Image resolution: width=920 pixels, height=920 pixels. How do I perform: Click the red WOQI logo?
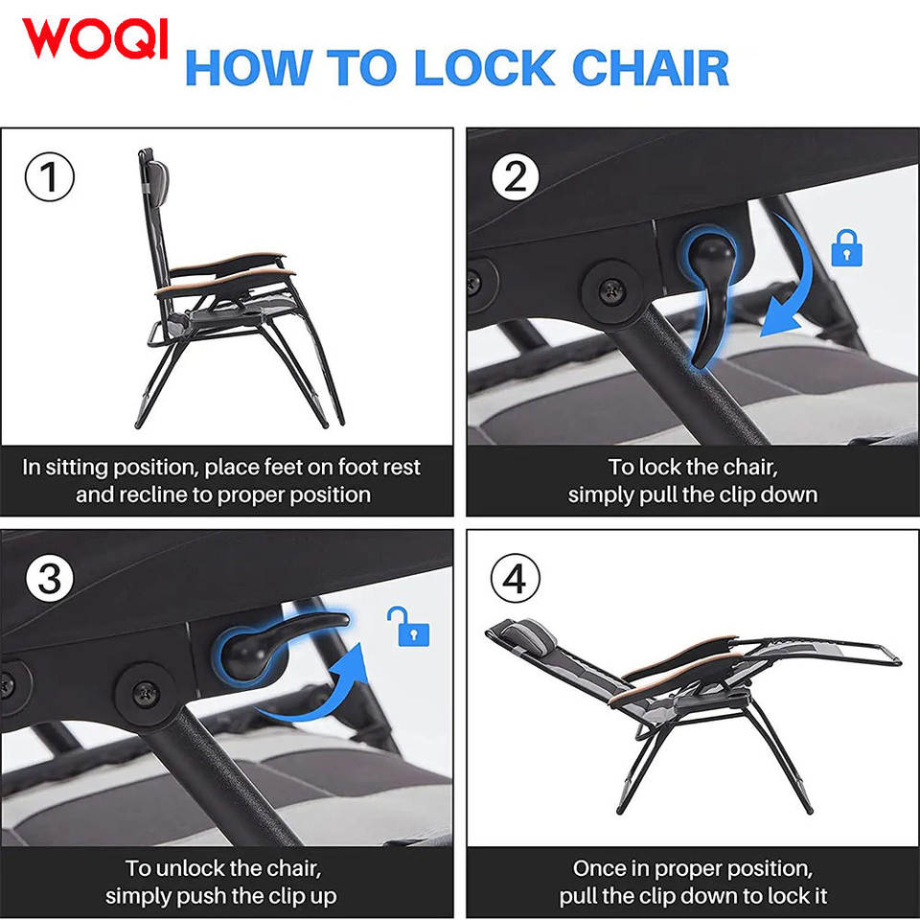point(96,38)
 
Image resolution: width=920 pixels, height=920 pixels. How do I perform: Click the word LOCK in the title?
point(484,67)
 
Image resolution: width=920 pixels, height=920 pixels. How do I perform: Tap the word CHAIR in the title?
point(650,67)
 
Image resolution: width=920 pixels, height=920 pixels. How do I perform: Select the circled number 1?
point(49,176)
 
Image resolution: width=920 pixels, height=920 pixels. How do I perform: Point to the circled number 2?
point(516,176)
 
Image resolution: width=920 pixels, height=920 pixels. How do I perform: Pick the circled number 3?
point(49,578)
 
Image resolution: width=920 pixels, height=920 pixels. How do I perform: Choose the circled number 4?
point(515,578)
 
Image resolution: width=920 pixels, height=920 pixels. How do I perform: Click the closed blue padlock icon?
point(846,248)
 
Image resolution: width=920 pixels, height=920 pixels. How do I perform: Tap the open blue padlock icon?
point(409,626)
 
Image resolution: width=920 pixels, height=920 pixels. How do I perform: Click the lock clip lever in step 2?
point(711,293)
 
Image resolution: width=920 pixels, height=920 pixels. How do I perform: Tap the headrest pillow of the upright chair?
point(157,183)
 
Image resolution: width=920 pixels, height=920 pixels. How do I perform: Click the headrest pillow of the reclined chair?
point(526,636)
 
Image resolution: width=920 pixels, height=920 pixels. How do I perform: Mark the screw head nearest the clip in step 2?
point(612,289)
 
